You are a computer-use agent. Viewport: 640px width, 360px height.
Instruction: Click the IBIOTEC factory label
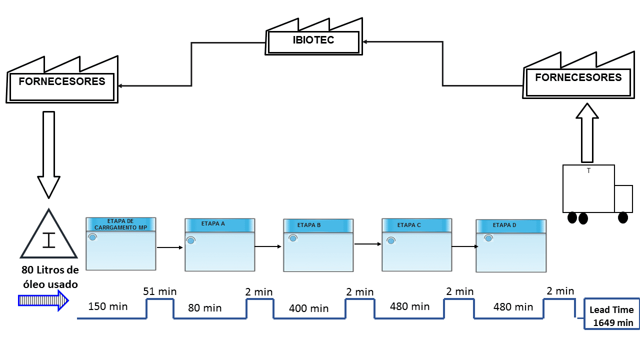click(313, 40)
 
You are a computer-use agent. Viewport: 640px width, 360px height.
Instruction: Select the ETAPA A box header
click(219, 225)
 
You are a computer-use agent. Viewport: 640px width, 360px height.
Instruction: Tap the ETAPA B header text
click(309, 225)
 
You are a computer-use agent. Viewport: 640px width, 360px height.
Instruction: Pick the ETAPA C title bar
click(417, 225)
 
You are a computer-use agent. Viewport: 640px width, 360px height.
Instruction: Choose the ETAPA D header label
click(504, 225)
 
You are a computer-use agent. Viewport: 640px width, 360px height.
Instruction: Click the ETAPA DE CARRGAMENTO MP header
click(121, 224)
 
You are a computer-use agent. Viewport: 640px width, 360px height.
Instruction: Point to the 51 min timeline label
click(159, 291)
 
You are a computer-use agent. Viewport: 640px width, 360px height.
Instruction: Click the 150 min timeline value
click(107, 306)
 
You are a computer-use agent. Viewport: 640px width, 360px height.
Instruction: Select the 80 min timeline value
click(204, 308)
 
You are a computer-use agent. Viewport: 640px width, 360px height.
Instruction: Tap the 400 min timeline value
click(308, 308)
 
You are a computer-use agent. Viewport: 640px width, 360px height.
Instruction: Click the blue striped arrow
click(43, 300)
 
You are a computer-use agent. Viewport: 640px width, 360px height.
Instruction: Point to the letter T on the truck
click(588, 170)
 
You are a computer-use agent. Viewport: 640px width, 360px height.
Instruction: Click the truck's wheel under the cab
click(623, 217)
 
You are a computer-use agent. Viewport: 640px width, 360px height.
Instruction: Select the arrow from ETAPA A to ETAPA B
click(268, 246)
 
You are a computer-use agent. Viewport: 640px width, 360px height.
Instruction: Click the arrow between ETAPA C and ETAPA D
click(465, 246)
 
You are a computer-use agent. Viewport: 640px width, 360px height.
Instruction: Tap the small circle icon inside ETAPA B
click(293, 238)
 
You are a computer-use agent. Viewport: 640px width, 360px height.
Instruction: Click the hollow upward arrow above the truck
click(587, 133)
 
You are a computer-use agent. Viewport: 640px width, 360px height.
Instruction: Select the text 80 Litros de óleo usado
click(50, 277)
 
